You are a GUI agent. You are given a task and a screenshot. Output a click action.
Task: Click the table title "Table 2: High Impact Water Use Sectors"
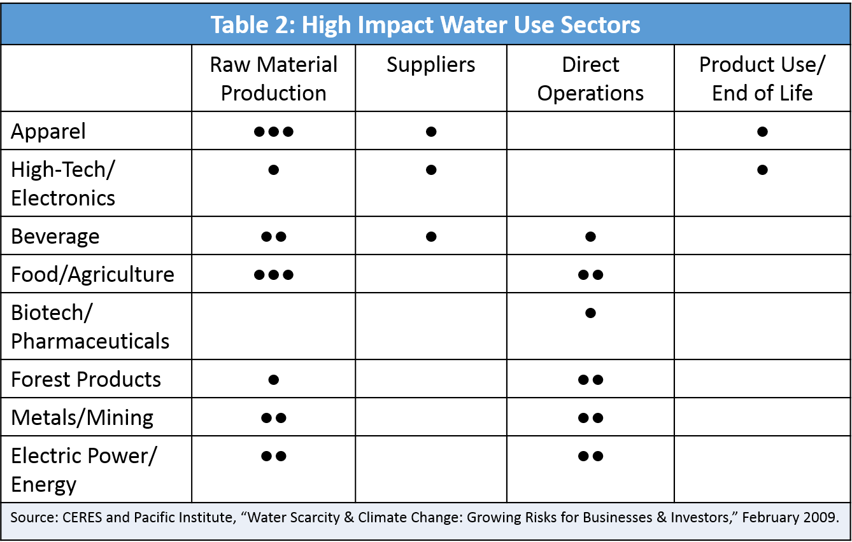(425, 24)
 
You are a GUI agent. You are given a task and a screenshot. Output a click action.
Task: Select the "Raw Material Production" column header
(273, 79)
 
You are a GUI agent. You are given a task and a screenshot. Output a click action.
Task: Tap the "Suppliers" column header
(431, 65)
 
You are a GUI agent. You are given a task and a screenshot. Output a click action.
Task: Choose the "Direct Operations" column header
(590, 79)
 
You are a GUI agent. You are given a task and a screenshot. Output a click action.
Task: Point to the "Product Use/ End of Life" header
(762, 79)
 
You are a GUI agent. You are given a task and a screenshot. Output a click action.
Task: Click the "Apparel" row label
(48, 132)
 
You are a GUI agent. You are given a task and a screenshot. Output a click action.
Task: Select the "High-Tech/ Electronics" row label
(63, 184)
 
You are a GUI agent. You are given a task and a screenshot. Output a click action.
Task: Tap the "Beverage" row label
(55, 237)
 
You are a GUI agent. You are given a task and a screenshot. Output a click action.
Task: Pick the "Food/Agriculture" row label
(92, 275)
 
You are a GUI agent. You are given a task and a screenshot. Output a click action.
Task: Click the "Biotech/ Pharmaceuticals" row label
(90, 327)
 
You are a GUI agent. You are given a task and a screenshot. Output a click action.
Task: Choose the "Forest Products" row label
(86, 380)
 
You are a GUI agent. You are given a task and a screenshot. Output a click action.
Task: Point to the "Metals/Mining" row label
(82, 418)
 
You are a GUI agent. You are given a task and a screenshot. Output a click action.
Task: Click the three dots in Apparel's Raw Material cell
(273, 132)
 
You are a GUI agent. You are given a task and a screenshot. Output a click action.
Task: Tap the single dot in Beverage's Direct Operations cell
(590, 237)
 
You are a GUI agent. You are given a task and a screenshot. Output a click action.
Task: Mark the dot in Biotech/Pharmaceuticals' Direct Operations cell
(590, 313)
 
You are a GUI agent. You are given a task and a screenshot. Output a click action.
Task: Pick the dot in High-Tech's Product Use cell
(762, 170)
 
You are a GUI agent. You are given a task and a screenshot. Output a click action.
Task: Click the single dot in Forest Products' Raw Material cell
(273, 380)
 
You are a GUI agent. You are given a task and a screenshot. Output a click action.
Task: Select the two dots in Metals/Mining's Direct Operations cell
(590, 418)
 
